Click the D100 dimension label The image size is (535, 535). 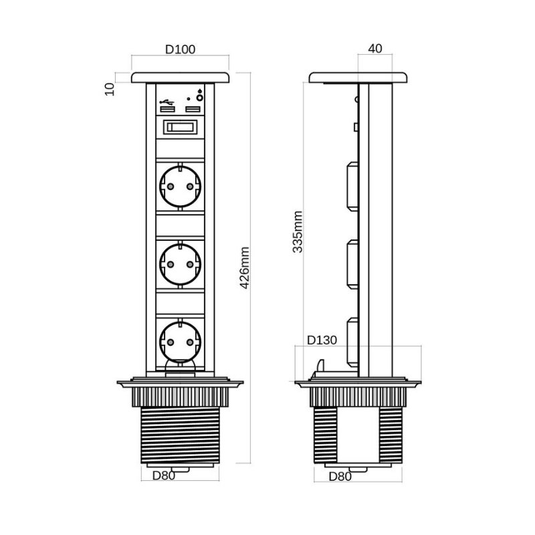pyautogui.click(x=180, y=49)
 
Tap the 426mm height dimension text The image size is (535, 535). pyautogui.click(x=245, y=268)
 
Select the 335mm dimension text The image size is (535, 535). pyautogui.click(x=298, y=231)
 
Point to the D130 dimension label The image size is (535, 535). pyautogui.click(x=322, y=340)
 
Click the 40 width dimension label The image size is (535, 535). pyautogui.click(x=375, y=48)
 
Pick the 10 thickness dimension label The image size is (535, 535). pyautogui.click(x=110, y=90)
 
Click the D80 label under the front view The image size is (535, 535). pyautogui.click(x=163, y=475)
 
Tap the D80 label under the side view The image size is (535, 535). pyautogui.click(x=340, y=477)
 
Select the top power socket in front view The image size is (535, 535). pyautogui.click(x=180, y=187)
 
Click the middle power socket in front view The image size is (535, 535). pyautogui.click(x=180, y=264)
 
